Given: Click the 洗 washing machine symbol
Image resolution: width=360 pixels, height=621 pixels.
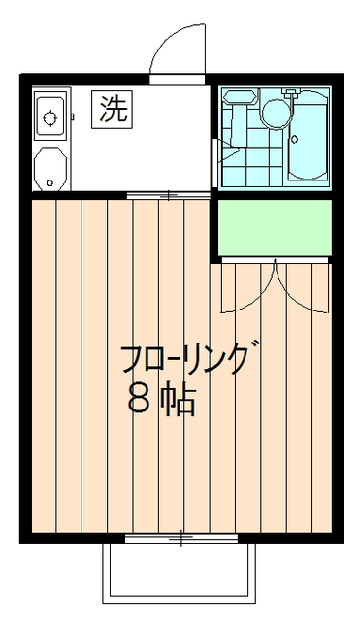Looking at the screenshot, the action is (114, 110).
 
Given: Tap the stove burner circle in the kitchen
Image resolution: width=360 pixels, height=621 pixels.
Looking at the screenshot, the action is (49, 118).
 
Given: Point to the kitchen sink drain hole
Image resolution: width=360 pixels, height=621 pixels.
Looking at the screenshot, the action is (49, 182).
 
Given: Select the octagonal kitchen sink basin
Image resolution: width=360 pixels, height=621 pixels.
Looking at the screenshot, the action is (50, 169).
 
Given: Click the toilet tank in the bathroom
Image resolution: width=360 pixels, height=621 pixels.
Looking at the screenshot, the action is (240, 97).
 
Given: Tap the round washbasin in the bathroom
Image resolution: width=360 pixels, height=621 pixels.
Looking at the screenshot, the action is (277, 113).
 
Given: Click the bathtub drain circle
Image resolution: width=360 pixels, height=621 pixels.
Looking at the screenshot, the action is (294, 139).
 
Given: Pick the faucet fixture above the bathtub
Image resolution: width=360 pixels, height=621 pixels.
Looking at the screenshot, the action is (291, 92).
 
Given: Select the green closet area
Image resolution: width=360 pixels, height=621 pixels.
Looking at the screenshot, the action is (275, 228).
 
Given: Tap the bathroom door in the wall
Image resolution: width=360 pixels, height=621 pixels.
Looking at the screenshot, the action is (214, 162).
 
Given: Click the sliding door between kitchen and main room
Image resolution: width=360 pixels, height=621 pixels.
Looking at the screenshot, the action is (168, 195).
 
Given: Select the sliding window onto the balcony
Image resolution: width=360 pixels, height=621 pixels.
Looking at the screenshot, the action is (181, 539).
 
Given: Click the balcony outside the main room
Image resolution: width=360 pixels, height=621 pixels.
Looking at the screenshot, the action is (179, 573).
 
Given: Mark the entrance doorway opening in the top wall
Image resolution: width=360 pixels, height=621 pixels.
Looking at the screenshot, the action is (178, 80).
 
